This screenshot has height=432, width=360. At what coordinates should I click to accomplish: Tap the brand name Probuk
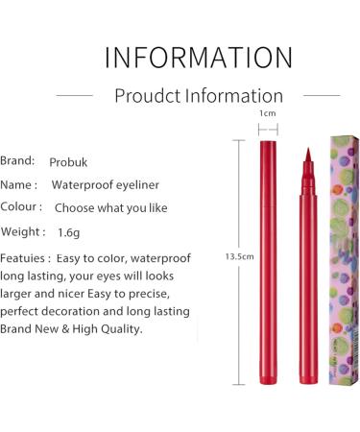tap(72, 162)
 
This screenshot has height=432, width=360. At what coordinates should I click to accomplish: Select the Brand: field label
tap(18, 160)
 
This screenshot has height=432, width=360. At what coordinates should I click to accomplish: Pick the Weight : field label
tap(23, 231)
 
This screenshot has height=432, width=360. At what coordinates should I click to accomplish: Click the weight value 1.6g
tap(68, 232)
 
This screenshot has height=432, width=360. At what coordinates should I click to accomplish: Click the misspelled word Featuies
tap(26, 258)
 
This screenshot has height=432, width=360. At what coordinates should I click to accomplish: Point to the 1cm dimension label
tap(268, 113)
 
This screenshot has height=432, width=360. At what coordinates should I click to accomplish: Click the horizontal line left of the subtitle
tap(75, 95)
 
